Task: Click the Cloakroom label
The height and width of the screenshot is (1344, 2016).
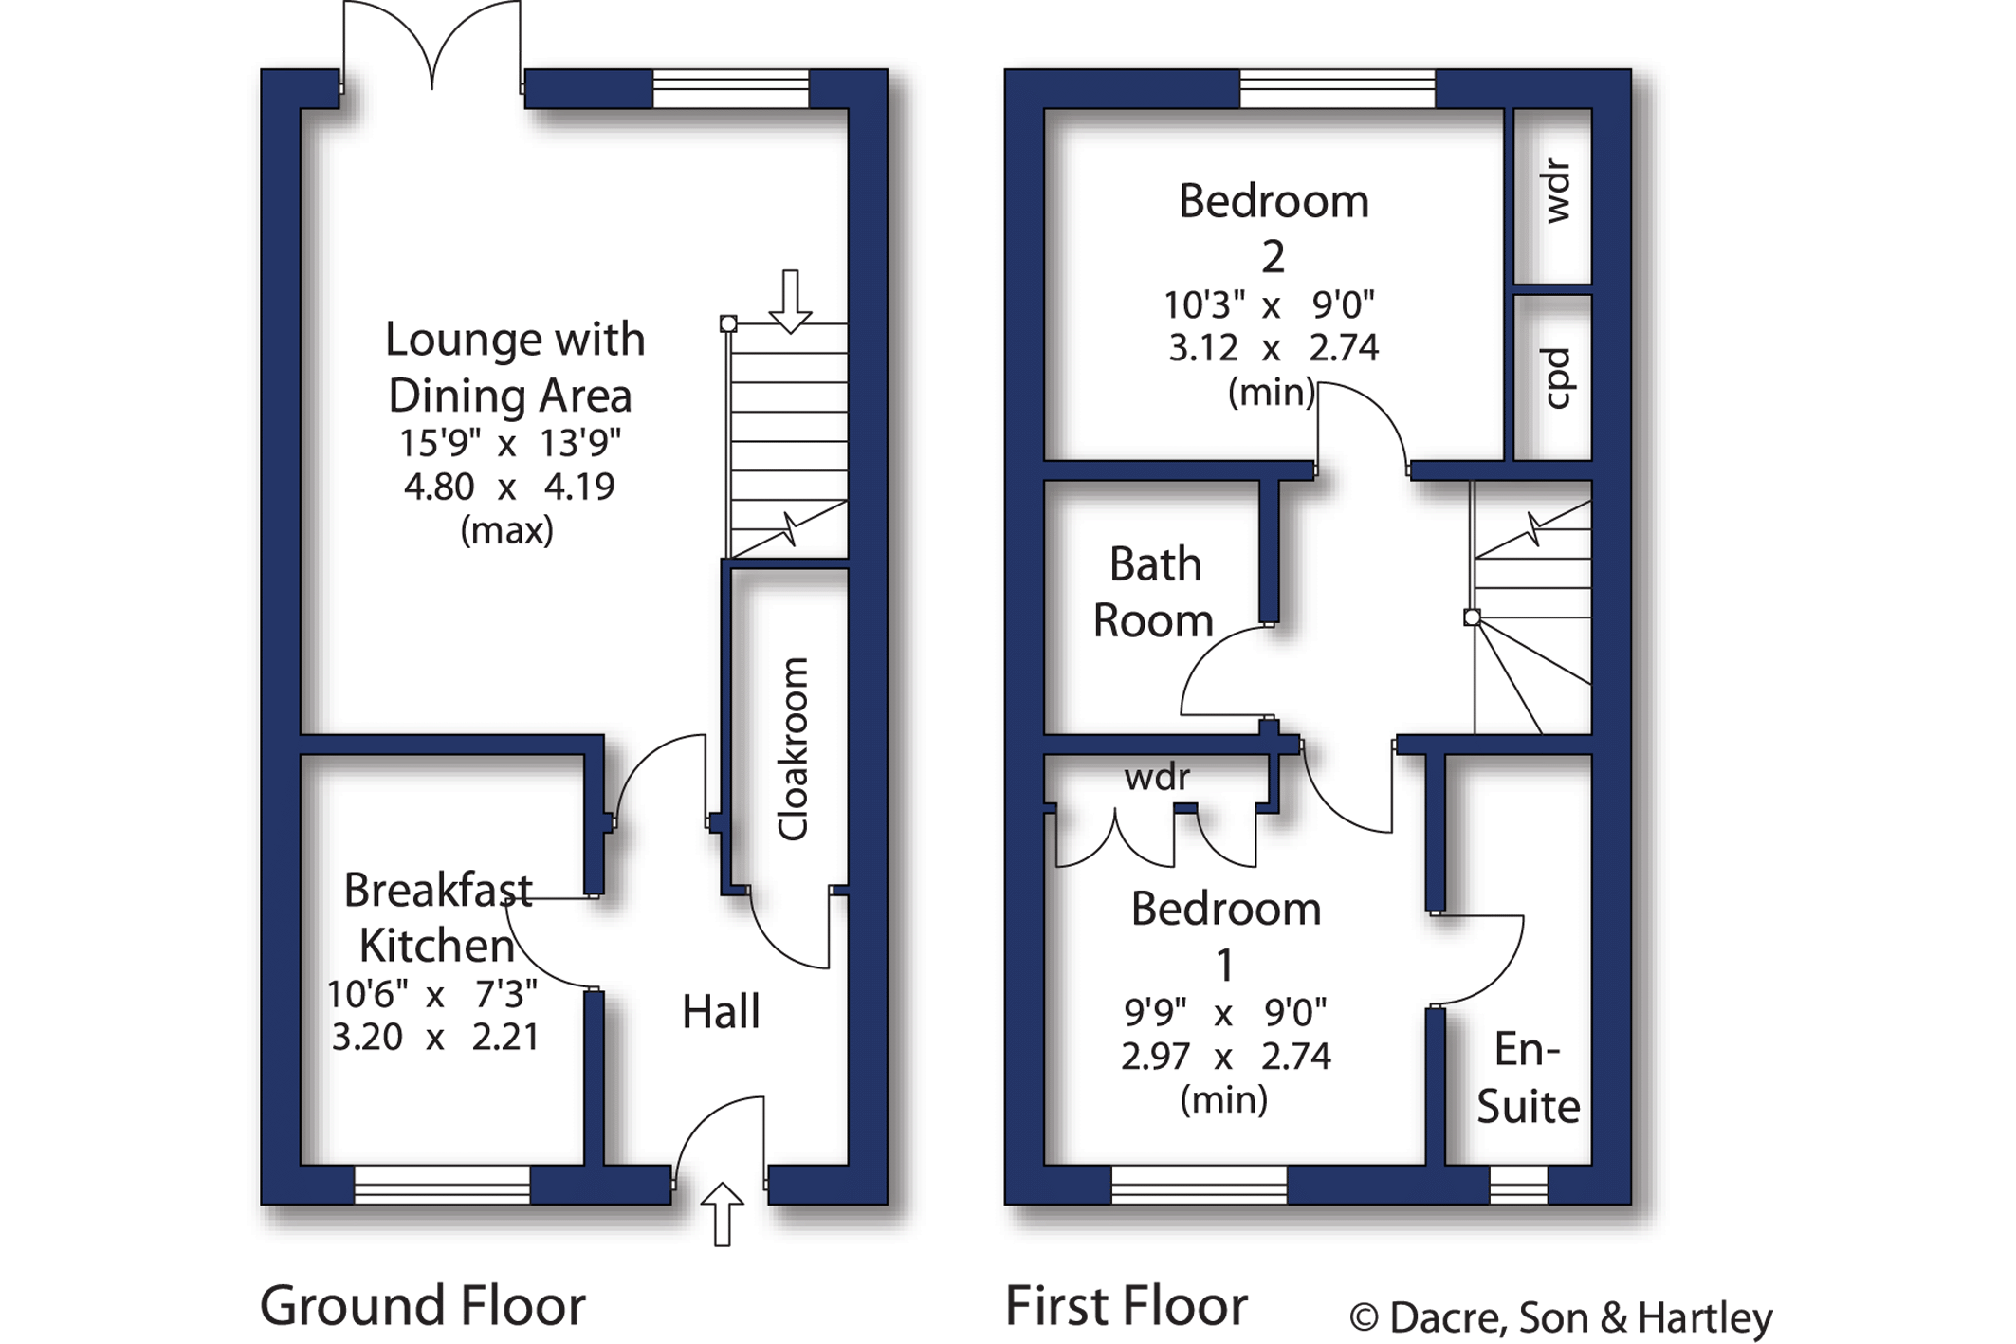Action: (x=793, y=749)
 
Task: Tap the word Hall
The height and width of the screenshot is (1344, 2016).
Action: (x=721, y=1011)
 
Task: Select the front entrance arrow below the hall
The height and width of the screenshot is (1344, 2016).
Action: (x=723, y=1213)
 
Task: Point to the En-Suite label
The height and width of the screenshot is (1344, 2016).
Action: (x=1528, y=1078)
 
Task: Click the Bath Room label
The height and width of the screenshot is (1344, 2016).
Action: (x=1154, y=593)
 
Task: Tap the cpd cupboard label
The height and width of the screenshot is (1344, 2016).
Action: (x=1556, y=378)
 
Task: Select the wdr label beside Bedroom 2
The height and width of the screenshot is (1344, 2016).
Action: (x=1556, y=193)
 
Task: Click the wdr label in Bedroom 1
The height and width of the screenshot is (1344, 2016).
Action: (x=1157, y=778)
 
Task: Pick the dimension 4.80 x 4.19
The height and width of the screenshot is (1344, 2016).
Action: (x=509, y=487)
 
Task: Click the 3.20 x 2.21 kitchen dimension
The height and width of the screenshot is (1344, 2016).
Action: (x=435, y=1037)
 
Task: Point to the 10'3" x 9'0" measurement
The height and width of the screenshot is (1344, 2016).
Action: (x=1270, y=305)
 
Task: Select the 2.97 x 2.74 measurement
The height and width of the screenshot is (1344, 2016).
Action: (x=1225, y=1056)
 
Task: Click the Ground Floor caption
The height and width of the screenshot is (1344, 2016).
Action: (x=423, y=1305)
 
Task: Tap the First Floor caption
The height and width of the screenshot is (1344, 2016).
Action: (x=1127, y=1305)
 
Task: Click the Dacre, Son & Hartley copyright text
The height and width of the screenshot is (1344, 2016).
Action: (x=1561, y=1317)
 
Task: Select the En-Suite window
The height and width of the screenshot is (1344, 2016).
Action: (x=1518, y=1185)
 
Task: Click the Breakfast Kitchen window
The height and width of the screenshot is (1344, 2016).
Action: (x=442, y=1185)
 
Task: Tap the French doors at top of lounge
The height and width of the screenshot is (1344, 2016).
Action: (x=432, y=47)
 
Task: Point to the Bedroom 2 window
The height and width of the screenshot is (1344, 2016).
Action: (x=1338, y=88)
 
